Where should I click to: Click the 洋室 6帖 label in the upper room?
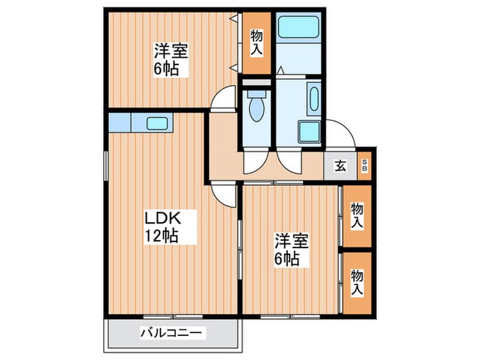pos(170,60)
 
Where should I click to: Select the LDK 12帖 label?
pos(162,227)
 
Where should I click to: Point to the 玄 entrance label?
pos(340,165)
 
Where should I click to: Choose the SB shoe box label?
pos(364,165)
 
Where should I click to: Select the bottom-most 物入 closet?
pos(357,282)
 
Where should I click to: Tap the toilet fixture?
pos(257,108)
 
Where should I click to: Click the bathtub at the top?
pos(298,29)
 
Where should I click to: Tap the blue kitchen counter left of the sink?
pos(119,123)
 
